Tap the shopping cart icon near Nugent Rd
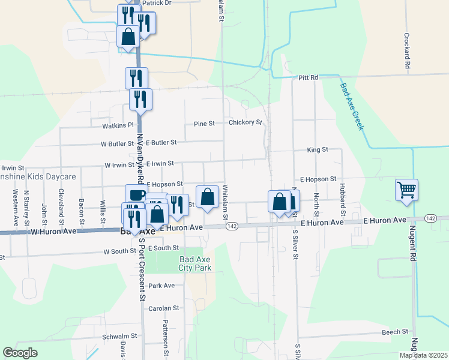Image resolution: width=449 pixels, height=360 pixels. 406,190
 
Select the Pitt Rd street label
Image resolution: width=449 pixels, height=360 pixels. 309,77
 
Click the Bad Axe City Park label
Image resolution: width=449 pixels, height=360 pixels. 196,263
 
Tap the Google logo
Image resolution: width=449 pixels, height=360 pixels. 20,353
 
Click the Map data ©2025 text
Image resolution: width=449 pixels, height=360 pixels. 423,355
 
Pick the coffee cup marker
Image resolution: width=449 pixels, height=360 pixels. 136,194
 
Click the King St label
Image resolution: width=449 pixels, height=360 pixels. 318,149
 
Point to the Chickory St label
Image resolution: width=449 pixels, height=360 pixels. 246,122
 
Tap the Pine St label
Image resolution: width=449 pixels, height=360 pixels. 204,124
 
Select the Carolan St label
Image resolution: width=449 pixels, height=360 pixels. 164,308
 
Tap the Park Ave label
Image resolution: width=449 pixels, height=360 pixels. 161,286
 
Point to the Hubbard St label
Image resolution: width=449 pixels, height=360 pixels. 343,203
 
